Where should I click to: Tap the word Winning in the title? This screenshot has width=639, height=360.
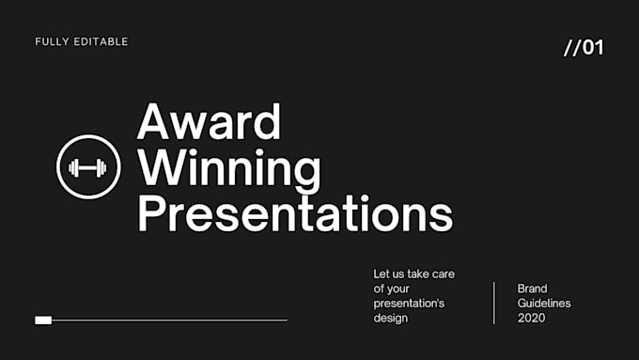[x=228, y=170]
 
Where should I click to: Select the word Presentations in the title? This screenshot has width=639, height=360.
[x=295, y=214]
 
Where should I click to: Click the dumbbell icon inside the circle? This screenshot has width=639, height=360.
[x=88, y=168]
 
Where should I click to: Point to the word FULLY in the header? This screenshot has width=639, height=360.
[x=52, y=42]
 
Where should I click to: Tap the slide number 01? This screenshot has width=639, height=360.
[x=594, y=48]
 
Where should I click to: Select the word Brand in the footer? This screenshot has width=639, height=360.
[x=532, y=289]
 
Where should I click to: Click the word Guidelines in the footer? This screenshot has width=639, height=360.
[x=544, y=304]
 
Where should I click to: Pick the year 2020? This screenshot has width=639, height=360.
[x=531, y=319]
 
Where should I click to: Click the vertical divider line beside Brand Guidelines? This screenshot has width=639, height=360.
[x=494, y=303]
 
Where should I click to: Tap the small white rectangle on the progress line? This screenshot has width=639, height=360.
[x=43, y=321]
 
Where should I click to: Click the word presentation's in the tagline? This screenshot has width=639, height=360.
[x=410, y=304]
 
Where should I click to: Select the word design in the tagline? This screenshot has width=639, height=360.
[x=391, y=319]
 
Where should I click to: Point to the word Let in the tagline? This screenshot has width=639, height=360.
[x=382, y=274]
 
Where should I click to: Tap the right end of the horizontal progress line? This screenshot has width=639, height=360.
[x=285, y=321]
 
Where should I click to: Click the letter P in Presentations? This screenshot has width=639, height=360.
[x=150, y=214]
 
